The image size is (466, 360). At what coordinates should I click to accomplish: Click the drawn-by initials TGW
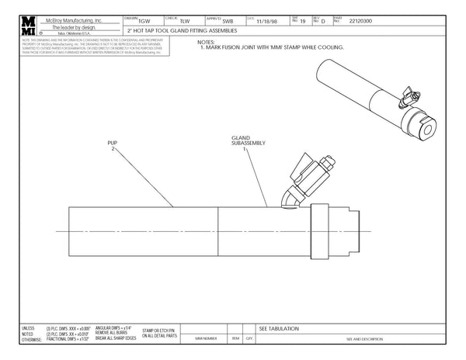145,21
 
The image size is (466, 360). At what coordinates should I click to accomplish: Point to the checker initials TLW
184,21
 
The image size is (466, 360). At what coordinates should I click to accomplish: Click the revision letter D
323,21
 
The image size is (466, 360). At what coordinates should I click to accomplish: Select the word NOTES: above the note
206,42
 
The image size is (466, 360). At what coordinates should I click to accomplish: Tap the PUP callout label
113,144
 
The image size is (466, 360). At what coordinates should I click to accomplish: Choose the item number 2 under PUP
113,151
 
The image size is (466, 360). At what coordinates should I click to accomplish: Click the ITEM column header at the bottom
235,338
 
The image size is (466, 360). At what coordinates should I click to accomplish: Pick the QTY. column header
249,338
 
